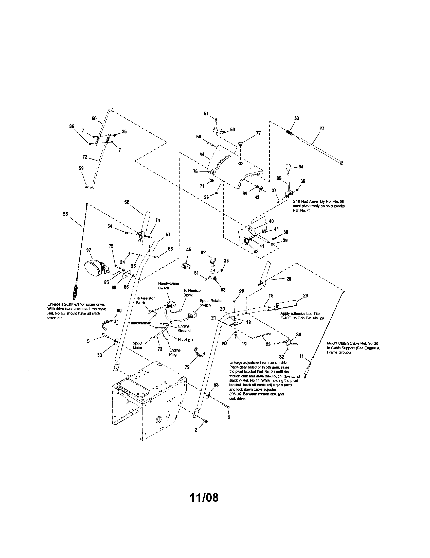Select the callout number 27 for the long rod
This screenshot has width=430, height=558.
[322, 129]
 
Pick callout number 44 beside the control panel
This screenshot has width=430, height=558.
[202, 154]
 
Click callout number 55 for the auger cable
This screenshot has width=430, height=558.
[65, 214]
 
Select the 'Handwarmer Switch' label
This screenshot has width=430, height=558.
[169, 286]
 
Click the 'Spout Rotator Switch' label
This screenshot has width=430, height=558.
[211, 303]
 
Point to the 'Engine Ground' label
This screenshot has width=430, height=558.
[184, 328]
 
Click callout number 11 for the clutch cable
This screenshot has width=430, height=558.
[301, 356]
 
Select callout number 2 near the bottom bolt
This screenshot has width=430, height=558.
[196, 430]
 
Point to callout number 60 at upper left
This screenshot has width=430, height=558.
[94, 118]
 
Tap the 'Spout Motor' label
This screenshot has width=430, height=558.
[137, 345]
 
